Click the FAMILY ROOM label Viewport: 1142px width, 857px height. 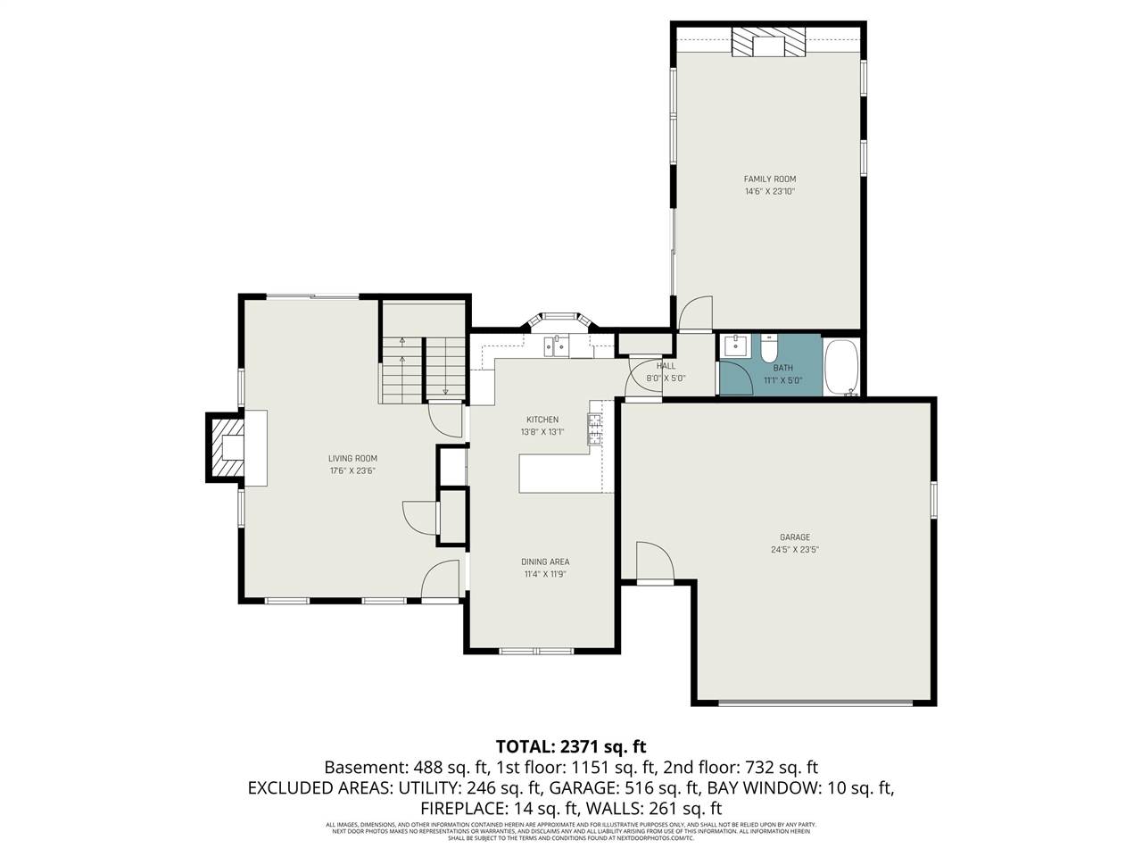[x=770, y=179]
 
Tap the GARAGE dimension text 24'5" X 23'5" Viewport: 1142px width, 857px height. [x=795, y=550]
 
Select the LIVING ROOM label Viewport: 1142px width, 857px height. [x=352, y=459]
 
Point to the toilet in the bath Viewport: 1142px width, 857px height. [x=770, y=346]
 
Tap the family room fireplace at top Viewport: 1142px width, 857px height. [x=768, y=42]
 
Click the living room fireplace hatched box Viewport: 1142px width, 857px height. [x=228, y=447]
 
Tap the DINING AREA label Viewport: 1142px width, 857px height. [x=545, y=562]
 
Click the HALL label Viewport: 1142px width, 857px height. [x=666, y=366]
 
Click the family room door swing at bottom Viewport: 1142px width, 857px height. [x=694, y=314]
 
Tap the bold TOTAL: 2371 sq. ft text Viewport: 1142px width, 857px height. [x=570, y=746]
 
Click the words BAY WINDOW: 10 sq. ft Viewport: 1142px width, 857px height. [x=800, y=787]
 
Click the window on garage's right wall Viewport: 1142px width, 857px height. [x=933, y=500]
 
